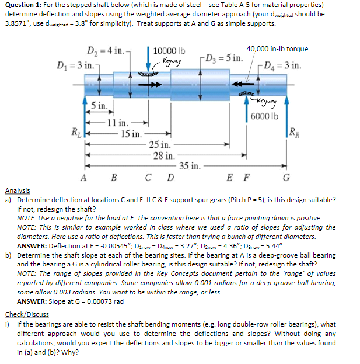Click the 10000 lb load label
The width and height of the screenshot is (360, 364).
[169, 50]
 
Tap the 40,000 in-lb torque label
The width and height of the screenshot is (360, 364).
[277, 49]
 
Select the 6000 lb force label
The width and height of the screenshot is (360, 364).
[265, 115]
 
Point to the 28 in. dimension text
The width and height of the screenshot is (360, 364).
[163, 155]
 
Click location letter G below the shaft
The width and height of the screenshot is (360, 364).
[285, 178]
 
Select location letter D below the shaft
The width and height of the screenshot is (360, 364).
[170, 178]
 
